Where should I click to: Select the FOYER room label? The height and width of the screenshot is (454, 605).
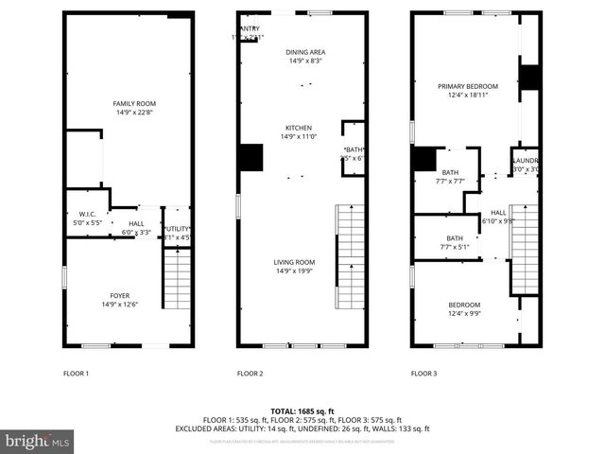tap(120, 300)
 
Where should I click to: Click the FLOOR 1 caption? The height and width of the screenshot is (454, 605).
tap(76, 374)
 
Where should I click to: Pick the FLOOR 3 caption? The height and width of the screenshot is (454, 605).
tap(423, 374)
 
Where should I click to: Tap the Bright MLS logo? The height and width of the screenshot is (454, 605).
tap(38, 441)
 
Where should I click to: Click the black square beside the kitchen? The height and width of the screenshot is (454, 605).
tap(251, 158)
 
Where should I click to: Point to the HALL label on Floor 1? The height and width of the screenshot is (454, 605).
tap(136, 227)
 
